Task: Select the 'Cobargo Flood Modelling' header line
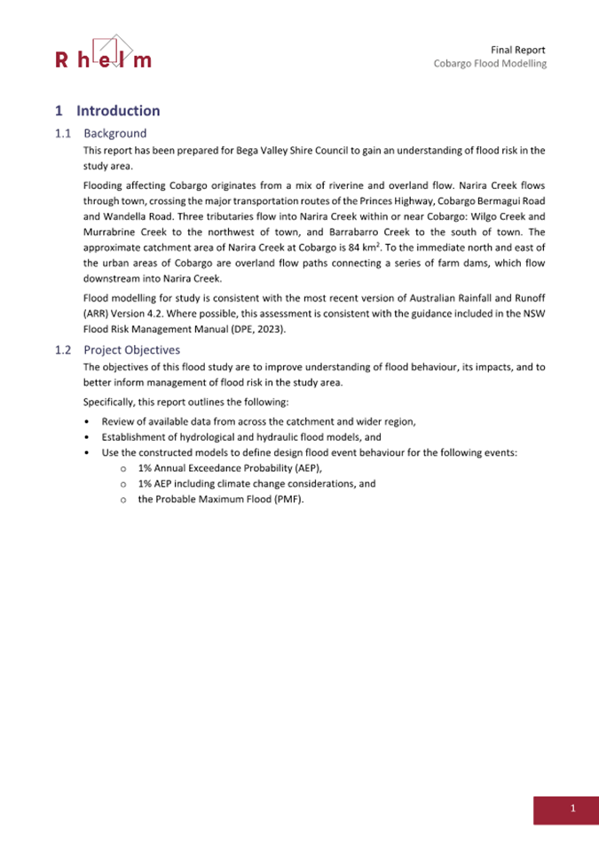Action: point(490,64)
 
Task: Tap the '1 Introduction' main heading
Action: point(107,111)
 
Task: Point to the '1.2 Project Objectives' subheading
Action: point(118,349)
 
